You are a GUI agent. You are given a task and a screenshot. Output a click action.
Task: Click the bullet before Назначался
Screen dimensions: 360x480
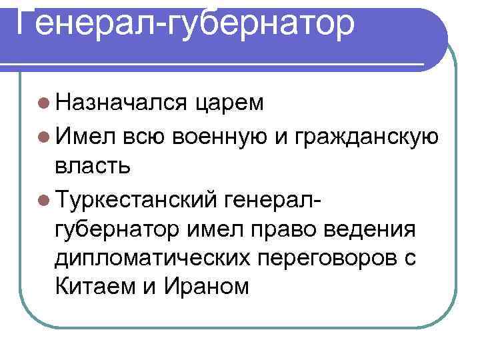coord(43,104)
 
